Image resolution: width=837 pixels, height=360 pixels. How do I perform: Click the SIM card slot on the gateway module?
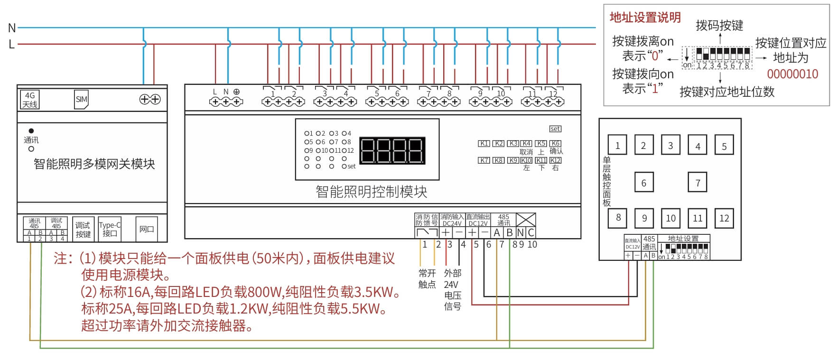82,99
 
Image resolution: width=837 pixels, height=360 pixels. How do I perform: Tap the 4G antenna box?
30,100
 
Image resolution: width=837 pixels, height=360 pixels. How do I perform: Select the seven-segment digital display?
392,151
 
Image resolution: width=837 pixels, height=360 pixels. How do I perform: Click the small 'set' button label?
555,129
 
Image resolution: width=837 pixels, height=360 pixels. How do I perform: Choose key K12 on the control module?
555,160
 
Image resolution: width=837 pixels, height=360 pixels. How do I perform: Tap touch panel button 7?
697,183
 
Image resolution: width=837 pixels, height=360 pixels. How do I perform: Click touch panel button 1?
617,146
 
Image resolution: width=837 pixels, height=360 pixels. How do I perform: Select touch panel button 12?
724,218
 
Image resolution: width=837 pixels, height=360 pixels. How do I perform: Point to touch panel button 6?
644,183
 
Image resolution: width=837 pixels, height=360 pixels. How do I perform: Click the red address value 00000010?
792,74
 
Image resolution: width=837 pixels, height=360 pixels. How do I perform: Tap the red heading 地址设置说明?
645,18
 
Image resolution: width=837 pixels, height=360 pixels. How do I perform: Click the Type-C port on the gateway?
110,229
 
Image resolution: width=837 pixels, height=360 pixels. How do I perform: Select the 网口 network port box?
146,229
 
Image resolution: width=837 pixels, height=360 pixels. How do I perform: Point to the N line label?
12,28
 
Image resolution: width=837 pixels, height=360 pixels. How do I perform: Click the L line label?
11,45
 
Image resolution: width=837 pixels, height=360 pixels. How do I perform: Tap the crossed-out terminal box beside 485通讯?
526,220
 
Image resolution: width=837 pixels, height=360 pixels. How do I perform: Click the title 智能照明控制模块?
371,192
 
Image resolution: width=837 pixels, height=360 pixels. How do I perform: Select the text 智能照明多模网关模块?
94,164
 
